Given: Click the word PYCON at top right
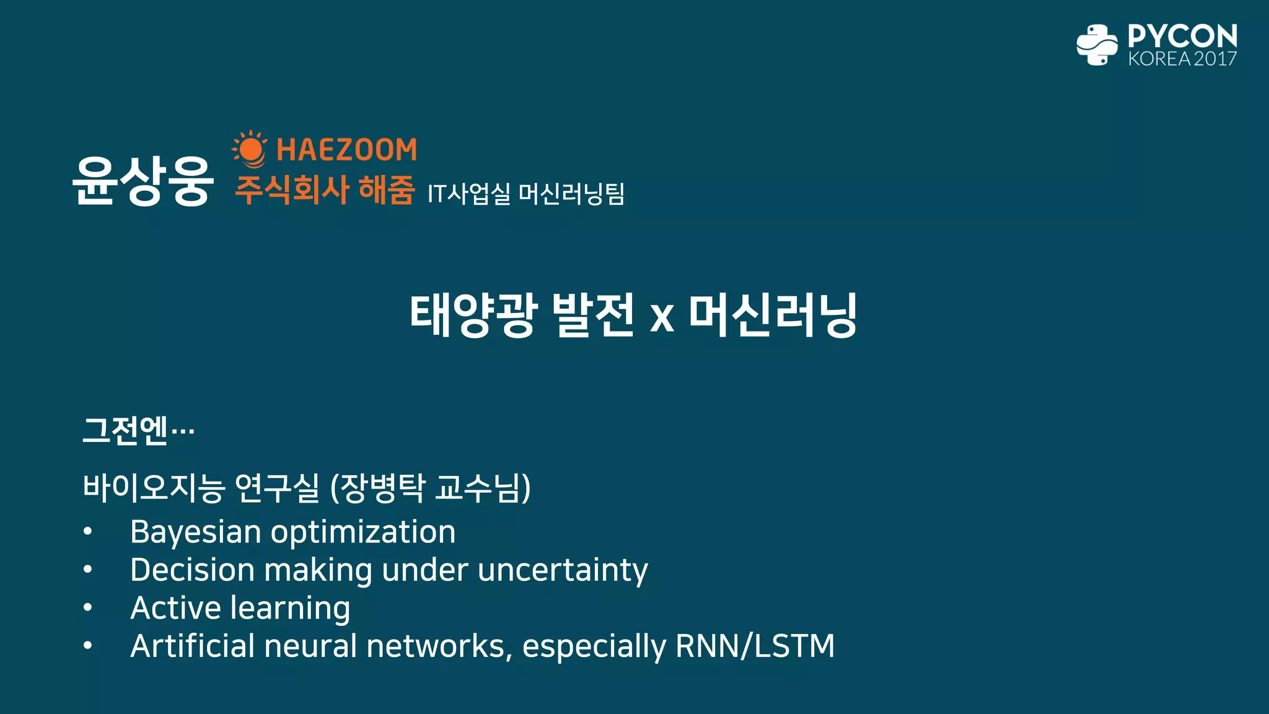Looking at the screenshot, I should [1182, 36].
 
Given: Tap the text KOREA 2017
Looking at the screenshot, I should [1182, 59].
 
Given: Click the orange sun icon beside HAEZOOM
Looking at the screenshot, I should [250, 149].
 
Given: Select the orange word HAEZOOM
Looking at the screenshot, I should [346, 150].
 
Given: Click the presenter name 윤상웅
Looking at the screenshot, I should [143, 180].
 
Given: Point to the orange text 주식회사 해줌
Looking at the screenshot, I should [324, 190].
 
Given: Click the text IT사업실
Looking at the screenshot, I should [468, 194].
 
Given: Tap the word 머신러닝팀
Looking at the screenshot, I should [571, 194].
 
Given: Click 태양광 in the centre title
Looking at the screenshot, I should [472, 315].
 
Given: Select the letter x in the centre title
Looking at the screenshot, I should [662, 317].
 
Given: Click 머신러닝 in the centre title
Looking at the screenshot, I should [773, 315].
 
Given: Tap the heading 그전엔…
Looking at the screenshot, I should [138, 430].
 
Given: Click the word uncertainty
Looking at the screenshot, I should [563, 570].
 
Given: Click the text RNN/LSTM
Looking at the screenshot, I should [755, 646].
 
